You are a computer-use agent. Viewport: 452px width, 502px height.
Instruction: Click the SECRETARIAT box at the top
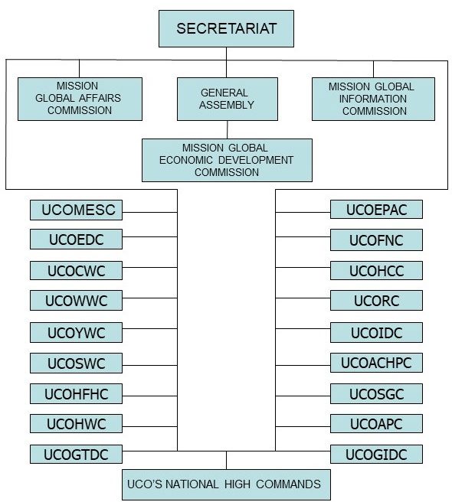[x=226, y=29]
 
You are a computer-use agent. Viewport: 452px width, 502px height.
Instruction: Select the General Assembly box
[x=228, y=99]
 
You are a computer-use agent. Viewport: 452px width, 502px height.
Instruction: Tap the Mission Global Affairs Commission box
[x=80, y=99]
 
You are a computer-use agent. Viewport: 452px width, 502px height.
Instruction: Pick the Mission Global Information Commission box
[x=373, y=99]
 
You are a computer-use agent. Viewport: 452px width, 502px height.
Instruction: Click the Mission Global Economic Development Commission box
[x=227, y=160]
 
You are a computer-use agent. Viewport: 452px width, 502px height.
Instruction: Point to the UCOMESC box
[x=76, y=210]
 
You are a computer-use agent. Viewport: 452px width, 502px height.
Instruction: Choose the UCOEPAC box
[x=376, y=210]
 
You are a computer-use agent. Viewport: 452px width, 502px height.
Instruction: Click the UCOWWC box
[x=76, y=300]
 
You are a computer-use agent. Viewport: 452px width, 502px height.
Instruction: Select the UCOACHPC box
[x=376, y=363]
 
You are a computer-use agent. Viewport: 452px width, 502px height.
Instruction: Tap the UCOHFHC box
[x=76, y=393]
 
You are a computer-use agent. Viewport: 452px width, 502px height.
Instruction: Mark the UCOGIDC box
[x=376, y=454]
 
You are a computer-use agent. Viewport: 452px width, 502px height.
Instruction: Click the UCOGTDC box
[x=76, y=454]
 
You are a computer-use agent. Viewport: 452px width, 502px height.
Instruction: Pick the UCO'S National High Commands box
[x=226, y=484]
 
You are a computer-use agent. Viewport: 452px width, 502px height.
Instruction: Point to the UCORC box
[x=376, y=300]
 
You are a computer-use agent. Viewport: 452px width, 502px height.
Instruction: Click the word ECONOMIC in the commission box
[x=186, y=160]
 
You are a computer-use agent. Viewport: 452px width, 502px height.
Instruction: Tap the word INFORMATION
[x=373, y=99]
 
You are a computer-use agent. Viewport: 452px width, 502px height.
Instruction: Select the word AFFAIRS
[x=100, y=98]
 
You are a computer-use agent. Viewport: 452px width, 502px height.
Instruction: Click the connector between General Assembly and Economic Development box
[x=228, y=129]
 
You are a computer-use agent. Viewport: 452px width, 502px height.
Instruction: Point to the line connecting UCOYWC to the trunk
[x=149, y=328]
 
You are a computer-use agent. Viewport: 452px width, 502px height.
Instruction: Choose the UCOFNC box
[x=376, y=240]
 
